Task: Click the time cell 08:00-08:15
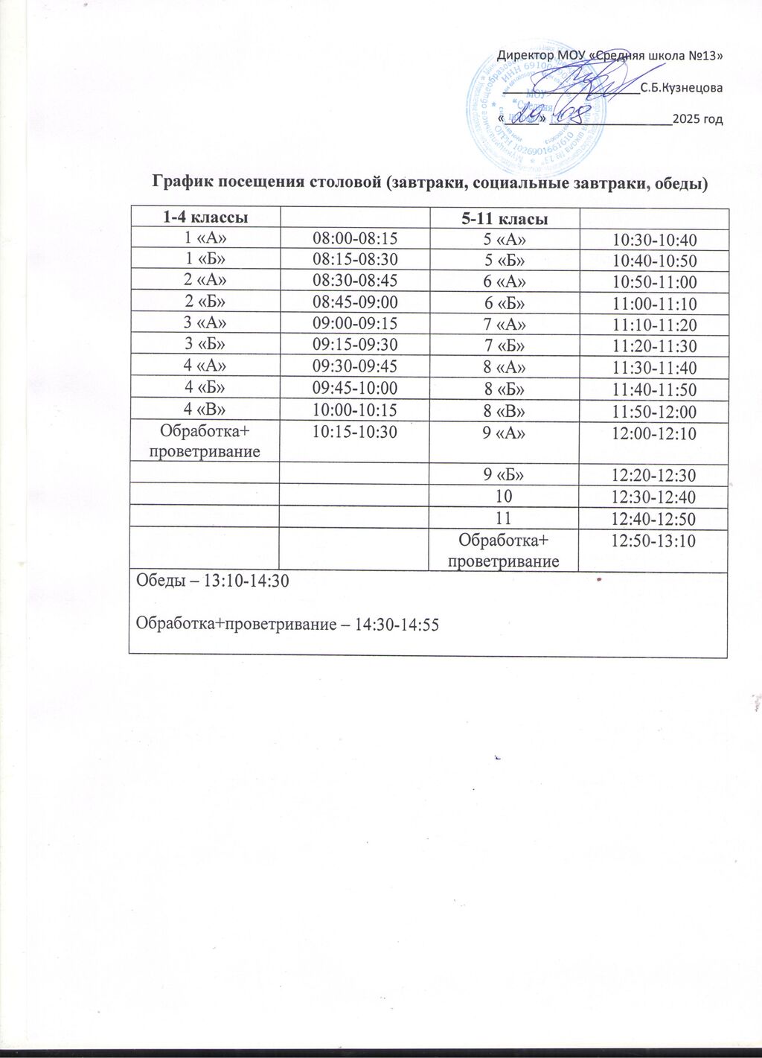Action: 355,238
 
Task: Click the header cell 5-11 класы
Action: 505,220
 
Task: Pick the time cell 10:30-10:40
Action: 653,240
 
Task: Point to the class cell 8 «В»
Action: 505,412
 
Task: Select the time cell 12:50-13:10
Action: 653,541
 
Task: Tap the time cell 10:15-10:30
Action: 355,432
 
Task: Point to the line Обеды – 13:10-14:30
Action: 209,582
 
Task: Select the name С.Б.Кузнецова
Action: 682,88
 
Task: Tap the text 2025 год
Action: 697,119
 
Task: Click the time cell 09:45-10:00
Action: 355,388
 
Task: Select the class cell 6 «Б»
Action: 505,304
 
